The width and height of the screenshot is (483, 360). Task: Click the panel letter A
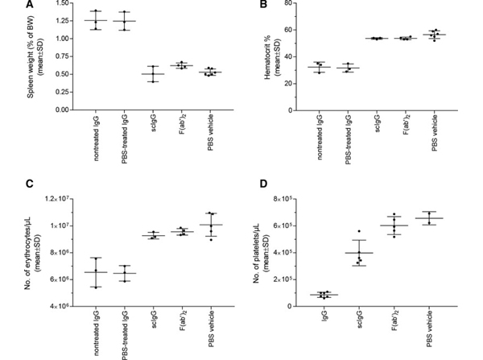(x=6, y=5)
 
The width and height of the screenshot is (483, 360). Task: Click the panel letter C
(x=6, y=183)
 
